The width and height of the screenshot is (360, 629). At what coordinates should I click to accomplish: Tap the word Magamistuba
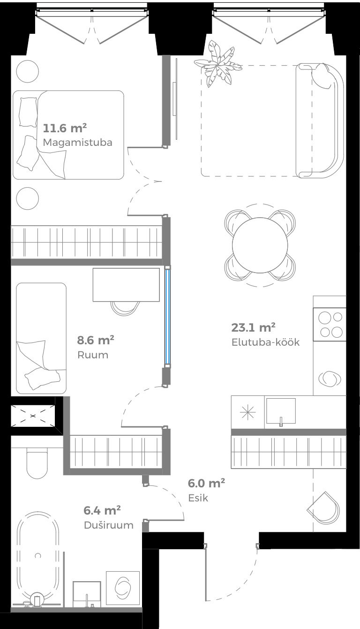pos(77,142)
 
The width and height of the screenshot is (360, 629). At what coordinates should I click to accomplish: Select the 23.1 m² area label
pos(253,327)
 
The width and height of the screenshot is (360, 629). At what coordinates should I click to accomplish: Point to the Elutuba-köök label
pos(265,342)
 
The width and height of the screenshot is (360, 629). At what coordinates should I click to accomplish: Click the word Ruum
pos(92,355)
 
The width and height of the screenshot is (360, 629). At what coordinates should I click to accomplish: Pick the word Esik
pos(198,498)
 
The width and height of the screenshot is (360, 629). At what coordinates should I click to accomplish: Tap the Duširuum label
pos(109,525)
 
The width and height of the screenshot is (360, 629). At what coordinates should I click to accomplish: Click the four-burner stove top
pos(330,325)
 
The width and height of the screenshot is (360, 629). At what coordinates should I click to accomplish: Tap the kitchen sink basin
pos(280,411)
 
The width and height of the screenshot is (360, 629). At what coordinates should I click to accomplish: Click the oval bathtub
pos(38,556)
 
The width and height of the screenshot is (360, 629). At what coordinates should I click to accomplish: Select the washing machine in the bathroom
pos(123,588)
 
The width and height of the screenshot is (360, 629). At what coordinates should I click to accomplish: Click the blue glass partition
pos(167,316)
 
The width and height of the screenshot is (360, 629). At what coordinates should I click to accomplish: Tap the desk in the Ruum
pos(126,285)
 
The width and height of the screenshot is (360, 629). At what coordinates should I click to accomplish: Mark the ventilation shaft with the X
pos(33,416)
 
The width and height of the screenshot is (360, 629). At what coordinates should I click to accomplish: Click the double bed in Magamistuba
pos(68,135)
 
